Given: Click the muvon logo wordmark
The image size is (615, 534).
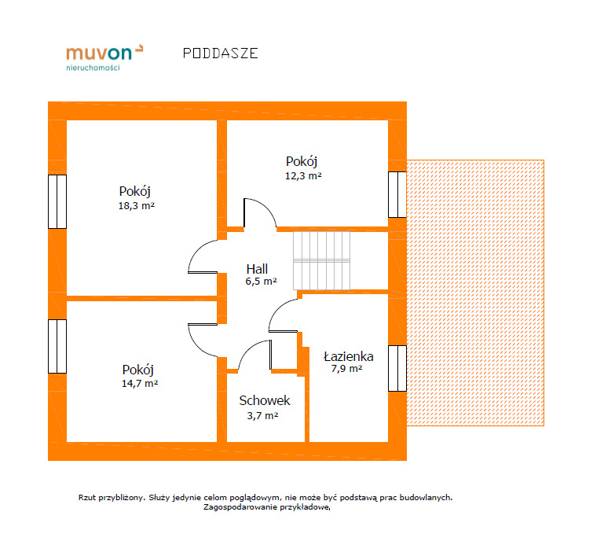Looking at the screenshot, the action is click(104, 53).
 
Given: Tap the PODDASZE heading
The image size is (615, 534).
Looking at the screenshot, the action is click(221, 53).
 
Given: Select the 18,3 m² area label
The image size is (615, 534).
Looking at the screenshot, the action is click(137, 206).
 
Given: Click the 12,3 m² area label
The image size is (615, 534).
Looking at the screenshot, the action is click(303, 176).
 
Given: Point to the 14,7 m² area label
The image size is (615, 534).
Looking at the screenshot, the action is click(140, 384).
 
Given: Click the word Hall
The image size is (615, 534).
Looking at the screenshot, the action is click(257, 269).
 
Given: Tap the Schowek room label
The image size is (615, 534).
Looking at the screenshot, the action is click(265, 400).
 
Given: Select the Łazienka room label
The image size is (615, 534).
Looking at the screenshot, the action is click(349, 356).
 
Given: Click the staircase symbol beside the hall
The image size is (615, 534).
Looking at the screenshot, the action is click(321, 261).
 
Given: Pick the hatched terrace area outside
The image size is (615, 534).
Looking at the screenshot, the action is click(475, 293).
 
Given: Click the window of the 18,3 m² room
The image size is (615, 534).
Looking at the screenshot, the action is click(57, 202).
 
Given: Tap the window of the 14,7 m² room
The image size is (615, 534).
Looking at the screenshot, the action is click(57, 346).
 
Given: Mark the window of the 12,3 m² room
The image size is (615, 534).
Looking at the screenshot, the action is click(397, 194).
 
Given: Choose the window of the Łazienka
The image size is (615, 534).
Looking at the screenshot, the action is click(397, 368).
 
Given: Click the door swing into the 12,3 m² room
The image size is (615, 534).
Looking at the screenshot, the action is click(260, 213).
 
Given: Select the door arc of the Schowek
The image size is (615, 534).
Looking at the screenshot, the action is click(254, 355).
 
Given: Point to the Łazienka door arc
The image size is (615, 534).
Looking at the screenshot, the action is click(283, 315).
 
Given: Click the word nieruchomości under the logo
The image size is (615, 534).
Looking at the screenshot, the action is click(93, 68).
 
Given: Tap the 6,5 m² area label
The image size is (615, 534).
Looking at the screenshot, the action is click(262, 282).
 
